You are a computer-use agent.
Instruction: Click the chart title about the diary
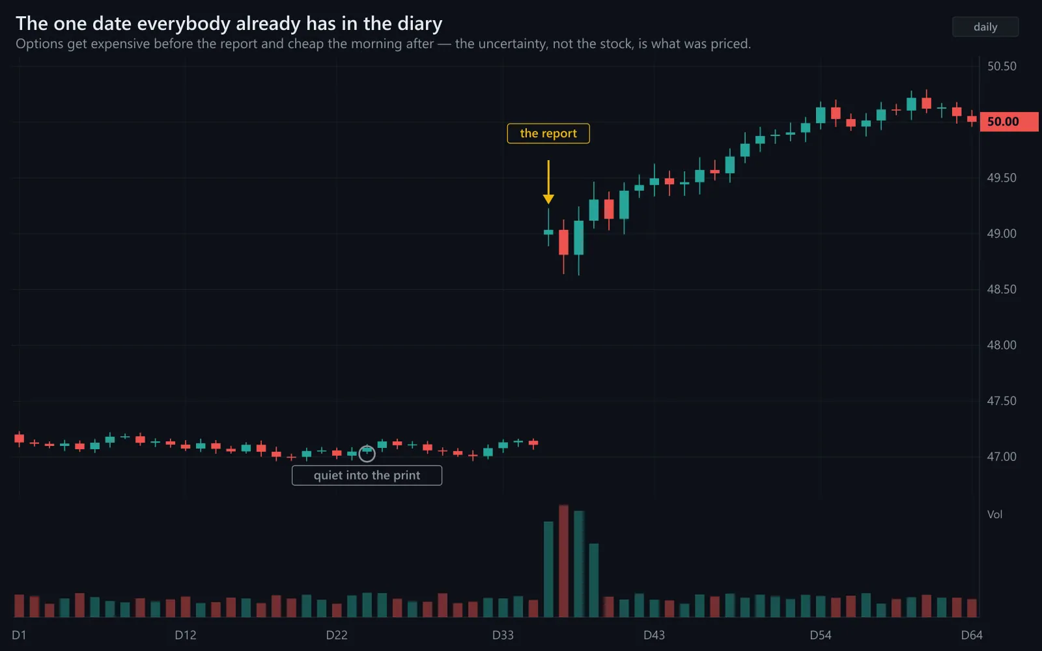point(229,23)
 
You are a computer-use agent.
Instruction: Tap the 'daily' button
point(985,27)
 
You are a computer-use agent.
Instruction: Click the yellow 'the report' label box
point(548,133)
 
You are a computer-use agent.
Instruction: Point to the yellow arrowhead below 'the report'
point(548,199)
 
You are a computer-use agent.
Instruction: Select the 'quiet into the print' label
point(367,475)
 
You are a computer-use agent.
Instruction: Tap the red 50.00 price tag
point(1009,122)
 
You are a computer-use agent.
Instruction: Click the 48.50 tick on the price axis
point(1002,289)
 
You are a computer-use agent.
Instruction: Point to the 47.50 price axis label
point(1002,401)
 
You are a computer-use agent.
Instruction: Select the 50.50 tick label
point(1002,66)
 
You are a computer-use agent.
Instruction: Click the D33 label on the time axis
point(503,635)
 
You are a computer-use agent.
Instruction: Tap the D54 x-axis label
point(821,635)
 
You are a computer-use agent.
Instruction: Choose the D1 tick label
point(19,635)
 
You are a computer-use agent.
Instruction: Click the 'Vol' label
point(994,514)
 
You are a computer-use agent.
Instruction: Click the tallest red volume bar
point(563,561)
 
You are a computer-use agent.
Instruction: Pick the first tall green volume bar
point(548,569)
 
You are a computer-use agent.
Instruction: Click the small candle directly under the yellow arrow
point(548,232)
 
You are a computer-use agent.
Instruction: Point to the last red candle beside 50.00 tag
point(972,119)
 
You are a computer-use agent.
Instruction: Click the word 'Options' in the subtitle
point(40,44)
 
